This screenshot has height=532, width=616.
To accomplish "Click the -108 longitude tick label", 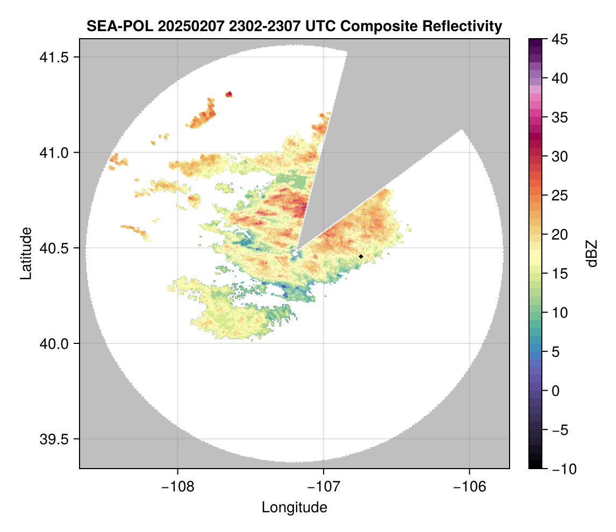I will pyautogui.click(x=177, y=486).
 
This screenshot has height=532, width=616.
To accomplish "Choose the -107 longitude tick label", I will pyautogui.click(x=324, y=486).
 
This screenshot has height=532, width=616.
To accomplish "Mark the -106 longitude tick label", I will pyautogui.click(x=470, y=486).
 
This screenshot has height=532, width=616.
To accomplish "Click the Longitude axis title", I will pyautogui.click(x=295, y=507).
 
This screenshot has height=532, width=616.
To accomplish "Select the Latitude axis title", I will pyautogui.click(x=26, y=253).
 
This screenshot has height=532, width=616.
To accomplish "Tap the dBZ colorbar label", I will pyautogui.click(x=592, y=253).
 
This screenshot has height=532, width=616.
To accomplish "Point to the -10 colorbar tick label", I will pyautogui.click(x=561, y=469).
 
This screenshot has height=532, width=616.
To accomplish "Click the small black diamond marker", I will pyautogui.click(x=361, y=256).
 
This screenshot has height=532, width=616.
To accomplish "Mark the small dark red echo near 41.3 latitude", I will pyautogui.click(x=229, y=95).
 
